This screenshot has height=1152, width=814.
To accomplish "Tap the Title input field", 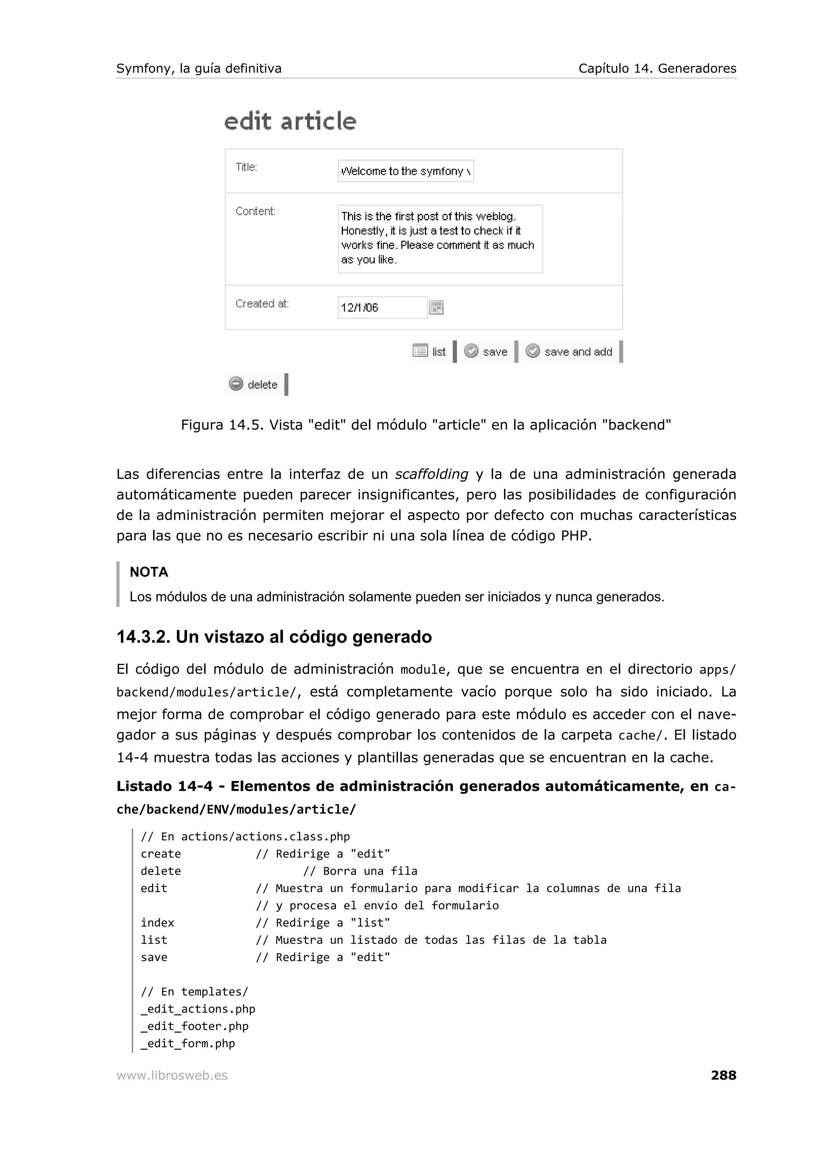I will click(405, 171).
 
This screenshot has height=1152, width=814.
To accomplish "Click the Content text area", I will click(440, 239).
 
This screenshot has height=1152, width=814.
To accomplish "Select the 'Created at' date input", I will click(382, 308).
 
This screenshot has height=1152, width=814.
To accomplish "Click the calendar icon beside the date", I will click(436, 308).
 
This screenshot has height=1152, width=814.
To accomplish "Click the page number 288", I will click(723, 1075).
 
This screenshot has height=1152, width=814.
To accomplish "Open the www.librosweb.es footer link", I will click(172, 1076).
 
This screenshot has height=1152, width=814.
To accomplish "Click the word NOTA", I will click(149, 572).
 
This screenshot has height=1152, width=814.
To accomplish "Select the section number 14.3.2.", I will click(143, 637).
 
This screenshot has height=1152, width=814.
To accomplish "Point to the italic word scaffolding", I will click(431, 474).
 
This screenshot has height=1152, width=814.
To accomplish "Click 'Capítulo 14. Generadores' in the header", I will click(657, 69).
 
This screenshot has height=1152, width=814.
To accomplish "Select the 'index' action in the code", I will click(157, 923).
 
